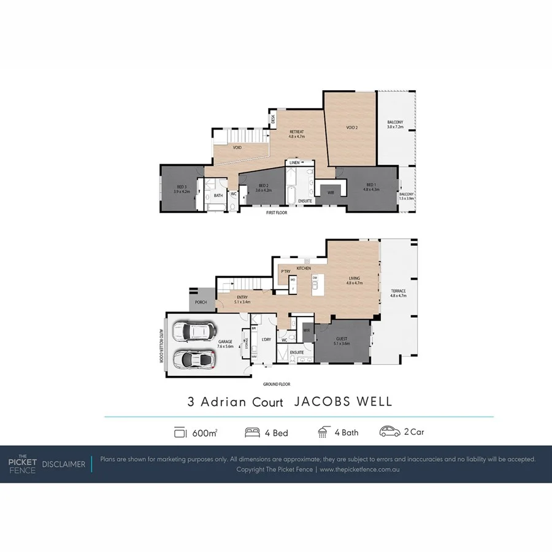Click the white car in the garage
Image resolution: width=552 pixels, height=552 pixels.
pos(191,332)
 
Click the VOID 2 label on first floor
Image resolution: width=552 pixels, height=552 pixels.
pos(351,128)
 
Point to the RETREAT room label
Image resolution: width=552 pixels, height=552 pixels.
pos(297,134)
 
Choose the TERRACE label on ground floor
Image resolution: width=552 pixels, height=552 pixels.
pos(398,293)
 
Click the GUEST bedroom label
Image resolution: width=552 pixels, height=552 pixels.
pos(342,340)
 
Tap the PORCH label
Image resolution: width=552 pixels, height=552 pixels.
pos(201,302)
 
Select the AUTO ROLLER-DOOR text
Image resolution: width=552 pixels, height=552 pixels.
pos(161,347)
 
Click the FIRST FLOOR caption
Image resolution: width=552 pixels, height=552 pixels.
pos(276,213)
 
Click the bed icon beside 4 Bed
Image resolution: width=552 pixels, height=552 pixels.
pos(251,432)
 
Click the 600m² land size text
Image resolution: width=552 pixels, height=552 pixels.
pos(204,432)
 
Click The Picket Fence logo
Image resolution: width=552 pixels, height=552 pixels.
pos(22,464)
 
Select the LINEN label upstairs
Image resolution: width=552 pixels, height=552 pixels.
pos(295,163)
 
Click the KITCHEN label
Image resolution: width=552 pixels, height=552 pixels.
pos(304,269)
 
